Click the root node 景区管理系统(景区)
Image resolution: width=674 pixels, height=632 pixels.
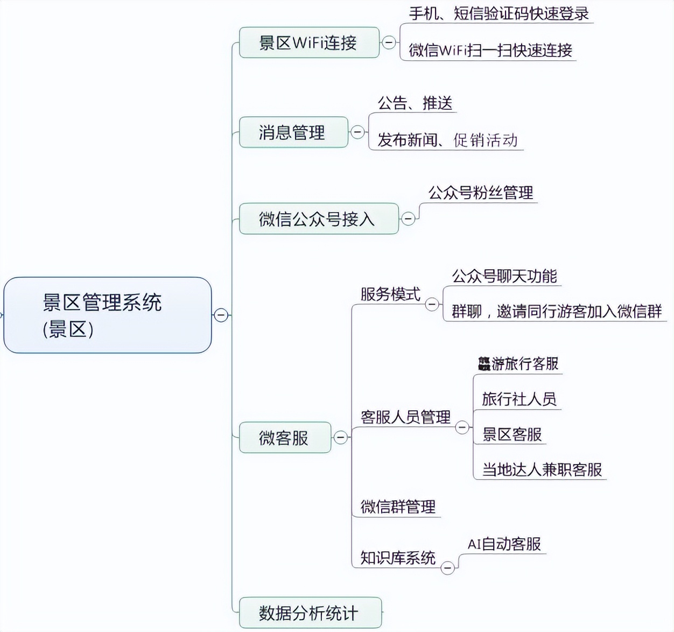[107, 315]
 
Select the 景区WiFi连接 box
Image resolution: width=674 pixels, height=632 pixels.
[308, 43]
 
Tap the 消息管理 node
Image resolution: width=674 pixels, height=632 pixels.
[293, 132]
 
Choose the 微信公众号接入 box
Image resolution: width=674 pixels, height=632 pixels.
[318, 219]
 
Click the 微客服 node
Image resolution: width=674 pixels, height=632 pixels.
[284, 438]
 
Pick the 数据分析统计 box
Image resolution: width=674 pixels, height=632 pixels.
[310, 613]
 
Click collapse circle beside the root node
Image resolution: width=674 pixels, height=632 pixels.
[221, 315]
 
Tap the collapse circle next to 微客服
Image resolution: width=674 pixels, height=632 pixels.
[340, 438]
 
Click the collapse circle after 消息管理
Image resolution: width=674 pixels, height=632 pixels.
[357, 132]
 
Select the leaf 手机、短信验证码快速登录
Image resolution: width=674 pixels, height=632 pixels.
[499, 13]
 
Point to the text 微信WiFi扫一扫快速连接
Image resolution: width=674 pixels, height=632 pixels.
[490, 50]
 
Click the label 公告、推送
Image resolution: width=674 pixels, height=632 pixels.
[415, 103]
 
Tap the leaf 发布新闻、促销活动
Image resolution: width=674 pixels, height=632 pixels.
[447, 140]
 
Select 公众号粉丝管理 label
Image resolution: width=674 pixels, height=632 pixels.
[480, 193]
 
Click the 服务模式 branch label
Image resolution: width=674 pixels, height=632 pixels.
[390, 294]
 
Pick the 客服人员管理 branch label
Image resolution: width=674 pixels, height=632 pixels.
[405, 417]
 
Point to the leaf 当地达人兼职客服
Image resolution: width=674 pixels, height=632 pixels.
[542, 469]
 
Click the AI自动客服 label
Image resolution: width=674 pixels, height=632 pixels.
[504, 544]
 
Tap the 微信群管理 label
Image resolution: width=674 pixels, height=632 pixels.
[398, 507]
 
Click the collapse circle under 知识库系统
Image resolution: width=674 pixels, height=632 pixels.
[447, 568]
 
